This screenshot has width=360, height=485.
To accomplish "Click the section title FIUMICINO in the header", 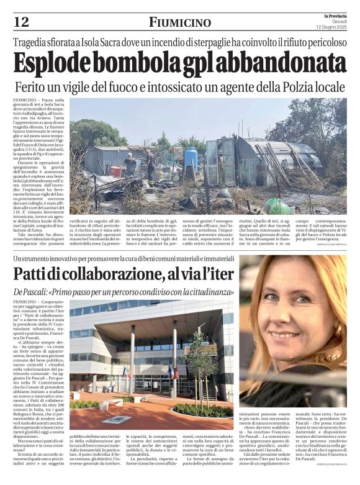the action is [180, 22].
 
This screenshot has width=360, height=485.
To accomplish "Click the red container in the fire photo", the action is [116, 171].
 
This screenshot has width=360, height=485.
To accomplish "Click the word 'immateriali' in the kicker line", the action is [212, 257].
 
